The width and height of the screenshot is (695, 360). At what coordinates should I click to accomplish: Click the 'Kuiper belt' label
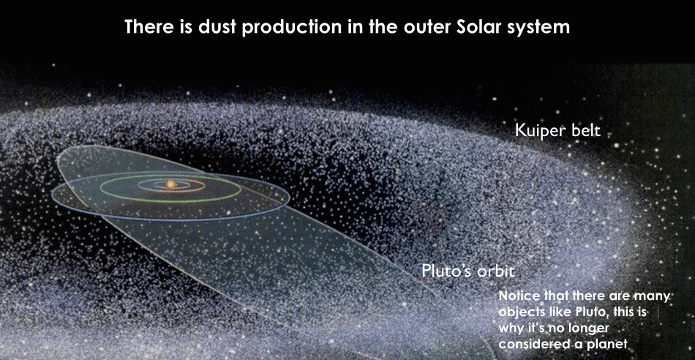pos(557,131)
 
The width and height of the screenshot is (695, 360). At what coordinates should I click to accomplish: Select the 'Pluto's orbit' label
pos(468,271)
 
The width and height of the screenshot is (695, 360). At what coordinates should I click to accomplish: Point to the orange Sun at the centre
pos(170,184)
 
